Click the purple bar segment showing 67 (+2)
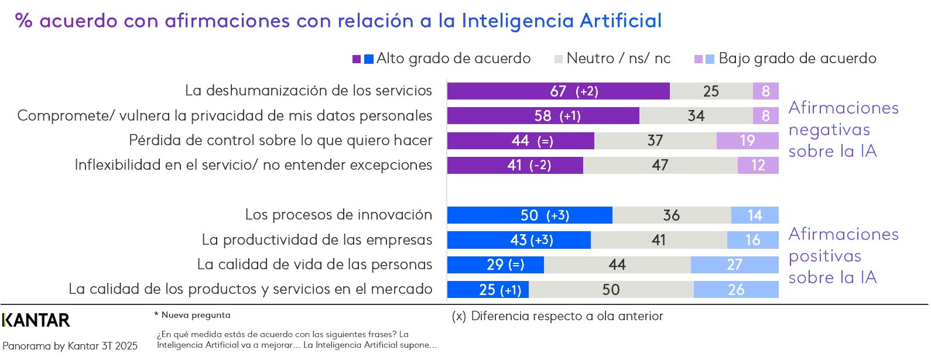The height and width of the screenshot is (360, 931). pos(558,91)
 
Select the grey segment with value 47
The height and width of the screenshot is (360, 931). pos(660,166)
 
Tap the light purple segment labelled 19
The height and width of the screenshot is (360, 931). pos(747,141)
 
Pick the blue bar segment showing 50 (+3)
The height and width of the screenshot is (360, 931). pos(529,215)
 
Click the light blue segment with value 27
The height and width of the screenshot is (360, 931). pos(734,265)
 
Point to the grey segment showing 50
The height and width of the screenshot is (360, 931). pos(611,290)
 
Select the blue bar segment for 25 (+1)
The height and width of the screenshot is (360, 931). pos(488,290)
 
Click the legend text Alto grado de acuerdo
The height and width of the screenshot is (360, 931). pos(453,59)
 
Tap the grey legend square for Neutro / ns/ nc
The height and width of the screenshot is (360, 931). pos(559,59)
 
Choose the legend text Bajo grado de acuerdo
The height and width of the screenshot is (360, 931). pos(797,59)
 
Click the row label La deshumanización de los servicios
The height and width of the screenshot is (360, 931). pos(308,91)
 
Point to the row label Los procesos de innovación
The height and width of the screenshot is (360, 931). pos(338,215)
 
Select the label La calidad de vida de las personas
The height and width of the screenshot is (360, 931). pos(314,265)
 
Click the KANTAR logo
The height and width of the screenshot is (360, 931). pos(36,320)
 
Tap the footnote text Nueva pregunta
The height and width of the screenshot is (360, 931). pos(196,315)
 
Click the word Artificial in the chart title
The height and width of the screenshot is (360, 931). pos(621,21)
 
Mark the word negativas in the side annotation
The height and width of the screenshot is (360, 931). pos(829,130)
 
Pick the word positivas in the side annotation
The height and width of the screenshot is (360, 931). pos(824,256)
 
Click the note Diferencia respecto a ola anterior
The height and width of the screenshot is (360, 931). pos(566,316)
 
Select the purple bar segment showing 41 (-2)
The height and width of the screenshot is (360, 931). pos(515,166)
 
